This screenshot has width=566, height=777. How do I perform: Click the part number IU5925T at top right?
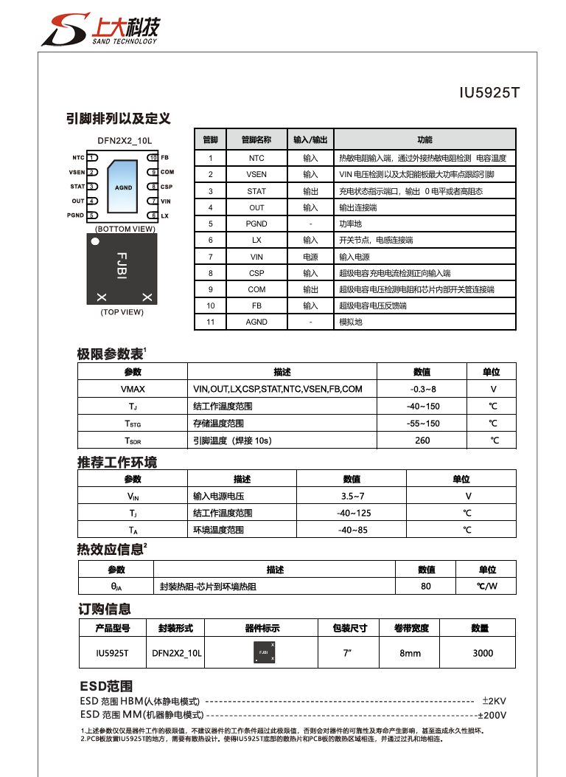(490, 93)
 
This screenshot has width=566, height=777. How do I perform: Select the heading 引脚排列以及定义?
(118, 118)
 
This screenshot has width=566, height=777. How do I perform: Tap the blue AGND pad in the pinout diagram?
(123, 187)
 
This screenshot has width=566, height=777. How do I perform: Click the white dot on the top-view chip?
(94, 242)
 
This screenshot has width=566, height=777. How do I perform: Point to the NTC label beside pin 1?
(78, 158)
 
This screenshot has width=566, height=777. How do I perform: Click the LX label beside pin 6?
(165, 215)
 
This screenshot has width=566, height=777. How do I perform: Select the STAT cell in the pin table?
(256, 191)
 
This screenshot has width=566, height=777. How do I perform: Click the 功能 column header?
(424, 139)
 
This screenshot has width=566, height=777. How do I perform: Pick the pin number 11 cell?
(211, 322)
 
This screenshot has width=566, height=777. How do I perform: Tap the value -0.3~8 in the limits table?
(422, 389)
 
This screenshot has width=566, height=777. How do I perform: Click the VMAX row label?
(133, 389)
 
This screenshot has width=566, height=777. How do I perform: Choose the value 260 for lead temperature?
(422, 441)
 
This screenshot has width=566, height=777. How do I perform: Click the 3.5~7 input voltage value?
(352, 496)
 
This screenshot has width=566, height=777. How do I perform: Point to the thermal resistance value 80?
(426, 587)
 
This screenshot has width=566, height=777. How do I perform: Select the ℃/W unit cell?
(487, 587)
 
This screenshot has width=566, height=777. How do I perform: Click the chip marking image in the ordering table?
(262, 653)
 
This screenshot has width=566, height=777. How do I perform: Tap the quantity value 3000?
(483, 653)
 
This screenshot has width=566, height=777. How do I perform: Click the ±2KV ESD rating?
(494, 700)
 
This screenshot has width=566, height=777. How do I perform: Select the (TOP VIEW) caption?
(122, 312)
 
